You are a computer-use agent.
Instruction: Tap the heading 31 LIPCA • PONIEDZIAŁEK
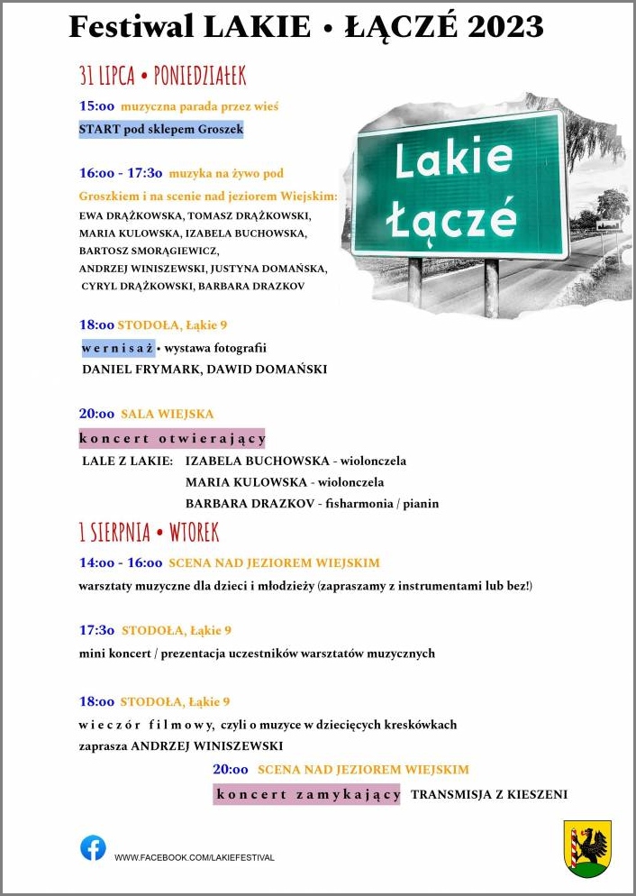coord(162,76)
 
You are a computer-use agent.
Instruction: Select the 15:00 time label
coord(97,106)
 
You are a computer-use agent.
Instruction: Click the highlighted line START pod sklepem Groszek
coord(161,130)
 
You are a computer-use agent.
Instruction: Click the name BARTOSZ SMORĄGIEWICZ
coord(149,251)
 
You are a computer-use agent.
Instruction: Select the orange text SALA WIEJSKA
coord(168,414)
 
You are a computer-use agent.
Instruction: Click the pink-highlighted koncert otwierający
coord(172,439)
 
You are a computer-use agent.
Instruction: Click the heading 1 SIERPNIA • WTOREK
coord(149,533)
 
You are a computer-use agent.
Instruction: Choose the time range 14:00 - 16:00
coord(121,562)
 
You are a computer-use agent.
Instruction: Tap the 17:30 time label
coord(97,630)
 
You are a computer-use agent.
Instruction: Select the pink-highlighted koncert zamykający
coord(307,794)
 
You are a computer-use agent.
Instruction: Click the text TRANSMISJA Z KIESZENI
coord(489,794)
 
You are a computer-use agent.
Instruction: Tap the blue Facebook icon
coord(93,848)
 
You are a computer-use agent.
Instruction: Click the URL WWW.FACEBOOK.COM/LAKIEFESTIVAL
coord(194,857)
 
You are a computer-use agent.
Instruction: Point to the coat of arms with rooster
coord(587,848)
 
